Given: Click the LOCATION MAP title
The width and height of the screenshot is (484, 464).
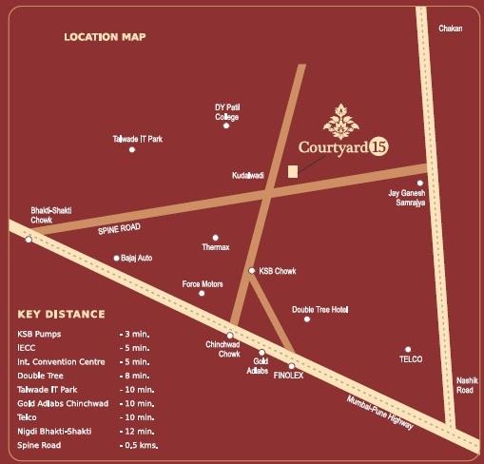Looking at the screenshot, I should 105,37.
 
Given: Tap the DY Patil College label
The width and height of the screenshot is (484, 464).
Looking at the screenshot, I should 226,112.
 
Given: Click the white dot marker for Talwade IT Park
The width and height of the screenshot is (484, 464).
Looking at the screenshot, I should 132,149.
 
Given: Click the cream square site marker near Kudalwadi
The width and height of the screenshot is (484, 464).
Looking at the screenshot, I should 293,170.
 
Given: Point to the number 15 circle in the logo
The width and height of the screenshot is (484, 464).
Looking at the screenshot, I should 378,147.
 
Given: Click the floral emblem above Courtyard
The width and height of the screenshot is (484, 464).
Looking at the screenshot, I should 340,121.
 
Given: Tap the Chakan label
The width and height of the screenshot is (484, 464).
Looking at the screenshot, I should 450,29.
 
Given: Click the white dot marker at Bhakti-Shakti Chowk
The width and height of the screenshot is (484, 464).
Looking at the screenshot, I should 29,240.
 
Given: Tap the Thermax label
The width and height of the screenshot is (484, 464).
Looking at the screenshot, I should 216,247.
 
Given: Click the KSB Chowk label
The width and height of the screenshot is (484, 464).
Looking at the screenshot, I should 278,271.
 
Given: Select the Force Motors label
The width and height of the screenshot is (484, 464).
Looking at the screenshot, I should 203,283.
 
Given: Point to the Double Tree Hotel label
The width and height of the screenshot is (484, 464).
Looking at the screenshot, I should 320,310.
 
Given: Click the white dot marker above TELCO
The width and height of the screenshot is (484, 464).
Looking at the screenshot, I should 408,349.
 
